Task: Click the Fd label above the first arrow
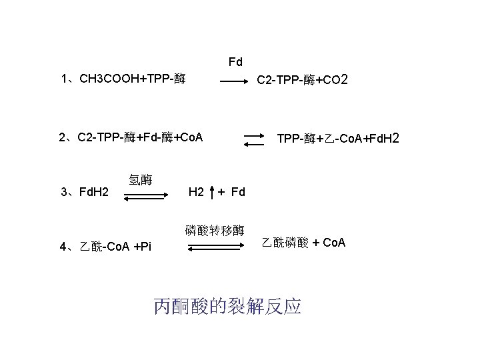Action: click(235, 62)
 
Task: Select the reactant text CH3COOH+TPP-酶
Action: click(132, 80)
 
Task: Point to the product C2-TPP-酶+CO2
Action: click(301, 81)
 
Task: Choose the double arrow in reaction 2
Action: click(255, 140)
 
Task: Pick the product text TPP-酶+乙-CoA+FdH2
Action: click(337, 139)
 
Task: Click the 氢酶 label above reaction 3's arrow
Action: click(140, 180)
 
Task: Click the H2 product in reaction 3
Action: click(196, 193)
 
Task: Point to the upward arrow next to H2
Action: click(212, 192)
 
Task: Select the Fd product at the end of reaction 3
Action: click(239, 193)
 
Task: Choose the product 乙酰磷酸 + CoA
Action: click(303, 242)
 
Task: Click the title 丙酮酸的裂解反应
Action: click(227, 306)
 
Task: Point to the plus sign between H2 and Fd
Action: click(222, 193)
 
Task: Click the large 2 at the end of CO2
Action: click(343, 81)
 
